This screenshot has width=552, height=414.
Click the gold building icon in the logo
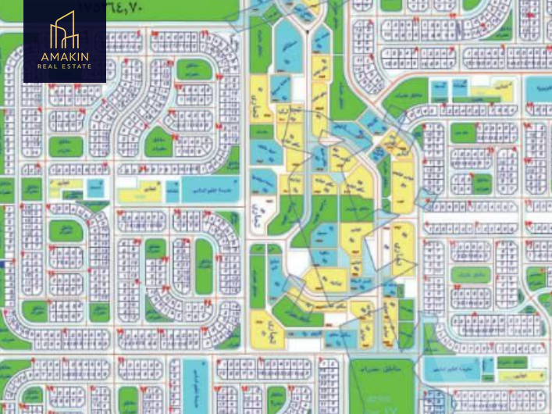64,30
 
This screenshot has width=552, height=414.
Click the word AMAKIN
64,56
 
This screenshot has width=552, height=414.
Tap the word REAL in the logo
48,66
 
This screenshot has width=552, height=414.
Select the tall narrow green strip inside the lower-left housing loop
204,266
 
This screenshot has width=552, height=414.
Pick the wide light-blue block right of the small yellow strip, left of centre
201,187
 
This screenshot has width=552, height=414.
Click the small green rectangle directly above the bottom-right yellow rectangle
511,362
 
